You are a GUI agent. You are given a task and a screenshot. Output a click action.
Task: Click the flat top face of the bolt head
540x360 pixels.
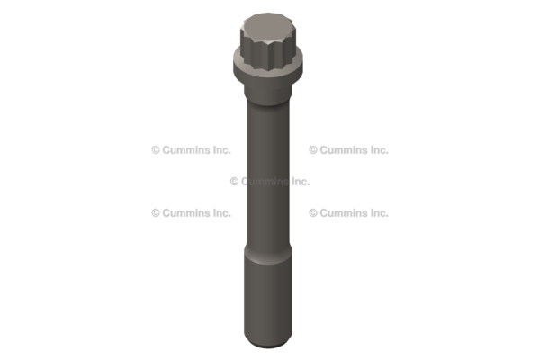268,21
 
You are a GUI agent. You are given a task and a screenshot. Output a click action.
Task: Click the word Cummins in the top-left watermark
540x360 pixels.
184,150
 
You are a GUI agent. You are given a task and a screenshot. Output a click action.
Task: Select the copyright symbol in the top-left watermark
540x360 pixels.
156,150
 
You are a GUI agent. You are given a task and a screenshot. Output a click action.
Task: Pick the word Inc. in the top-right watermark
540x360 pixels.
378,150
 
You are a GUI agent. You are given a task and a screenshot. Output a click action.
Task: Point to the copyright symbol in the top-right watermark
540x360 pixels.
313,150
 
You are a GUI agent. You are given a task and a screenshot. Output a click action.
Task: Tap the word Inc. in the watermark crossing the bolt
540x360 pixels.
299,181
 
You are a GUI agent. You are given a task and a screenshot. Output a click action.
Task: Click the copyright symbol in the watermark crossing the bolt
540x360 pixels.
234,181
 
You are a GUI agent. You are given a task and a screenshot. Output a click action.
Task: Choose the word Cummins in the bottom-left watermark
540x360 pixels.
184,213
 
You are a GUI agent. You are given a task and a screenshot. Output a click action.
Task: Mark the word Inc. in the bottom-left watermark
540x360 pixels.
220,213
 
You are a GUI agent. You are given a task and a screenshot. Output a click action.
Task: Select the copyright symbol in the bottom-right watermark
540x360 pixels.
313,213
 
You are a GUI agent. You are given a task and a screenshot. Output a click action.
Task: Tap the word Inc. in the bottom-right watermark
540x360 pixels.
378,213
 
